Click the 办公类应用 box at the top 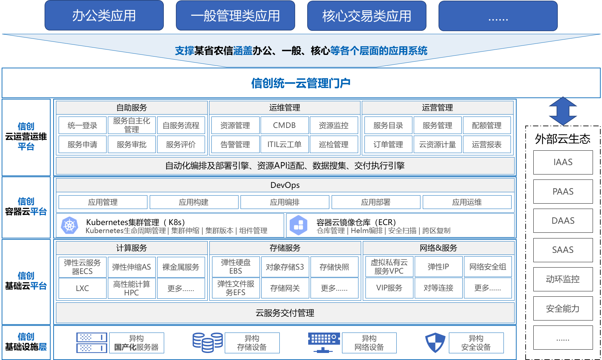104,16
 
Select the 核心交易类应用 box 366,16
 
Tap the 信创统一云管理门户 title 300,83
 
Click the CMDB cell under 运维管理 284,125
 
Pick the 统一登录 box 82,125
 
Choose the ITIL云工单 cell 284,144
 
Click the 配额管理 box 487,125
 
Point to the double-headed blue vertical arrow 563,111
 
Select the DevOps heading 285,185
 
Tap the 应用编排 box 285,202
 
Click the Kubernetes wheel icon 69,225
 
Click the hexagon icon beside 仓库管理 298,225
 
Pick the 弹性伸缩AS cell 132,267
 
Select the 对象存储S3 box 285,267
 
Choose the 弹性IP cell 438,267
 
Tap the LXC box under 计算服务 82,288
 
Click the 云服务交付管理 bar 285,313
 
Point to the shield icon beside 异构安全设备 435,343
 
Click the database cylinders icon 207,343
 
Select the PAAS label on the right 563,192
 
